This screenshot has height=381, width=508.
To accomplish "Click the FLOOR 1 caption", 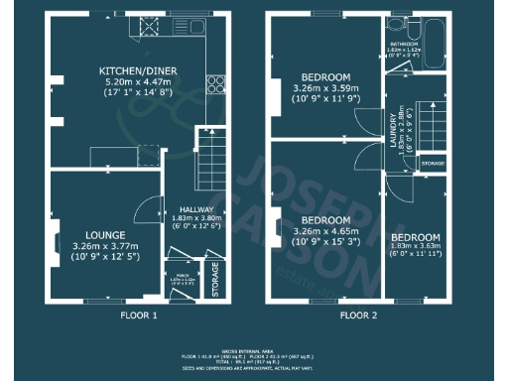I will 139,316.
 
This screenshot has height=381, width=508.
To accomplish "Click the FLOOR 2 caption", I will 358,316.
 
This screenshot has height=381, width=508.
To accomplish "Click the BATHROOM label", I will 404,45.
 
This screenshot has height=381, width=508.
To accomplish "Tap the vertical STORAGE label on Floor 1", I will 214,281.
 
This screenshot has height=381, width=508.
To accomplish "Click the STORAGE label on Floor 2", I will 433,161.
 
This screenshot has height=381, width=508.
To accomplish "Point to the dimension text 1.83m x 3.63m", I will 415,249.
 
